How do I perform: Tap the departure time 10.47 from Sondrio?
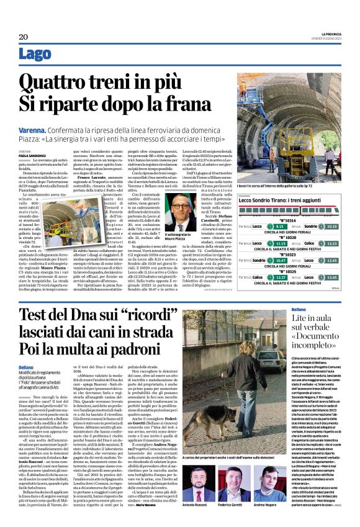click(281, 261)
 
